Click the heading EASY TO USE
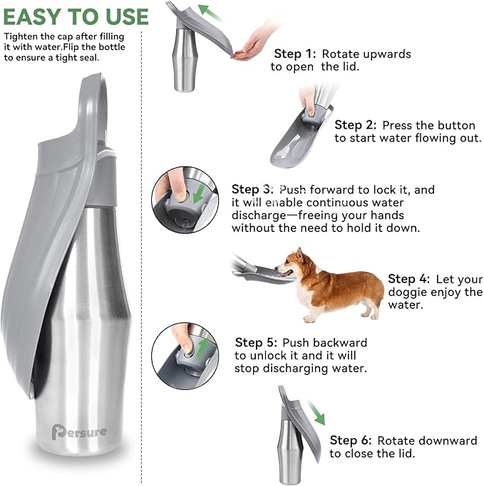pos(76,16)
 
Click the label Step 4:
pos(408,279)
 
